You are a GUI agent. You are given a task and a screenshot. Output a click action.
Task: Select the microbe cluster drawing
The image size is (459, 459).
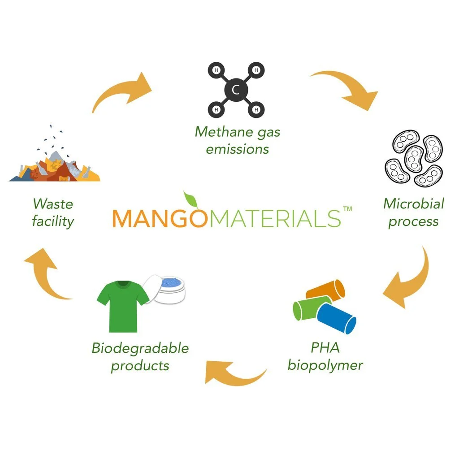[413, 158]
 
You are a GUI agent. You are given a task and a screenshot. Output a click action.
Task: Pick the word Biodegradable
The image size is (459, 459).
[140, 348]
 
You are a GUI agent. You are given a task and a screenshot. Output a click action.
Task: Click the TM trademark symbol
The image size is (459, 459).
[347, 209]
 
